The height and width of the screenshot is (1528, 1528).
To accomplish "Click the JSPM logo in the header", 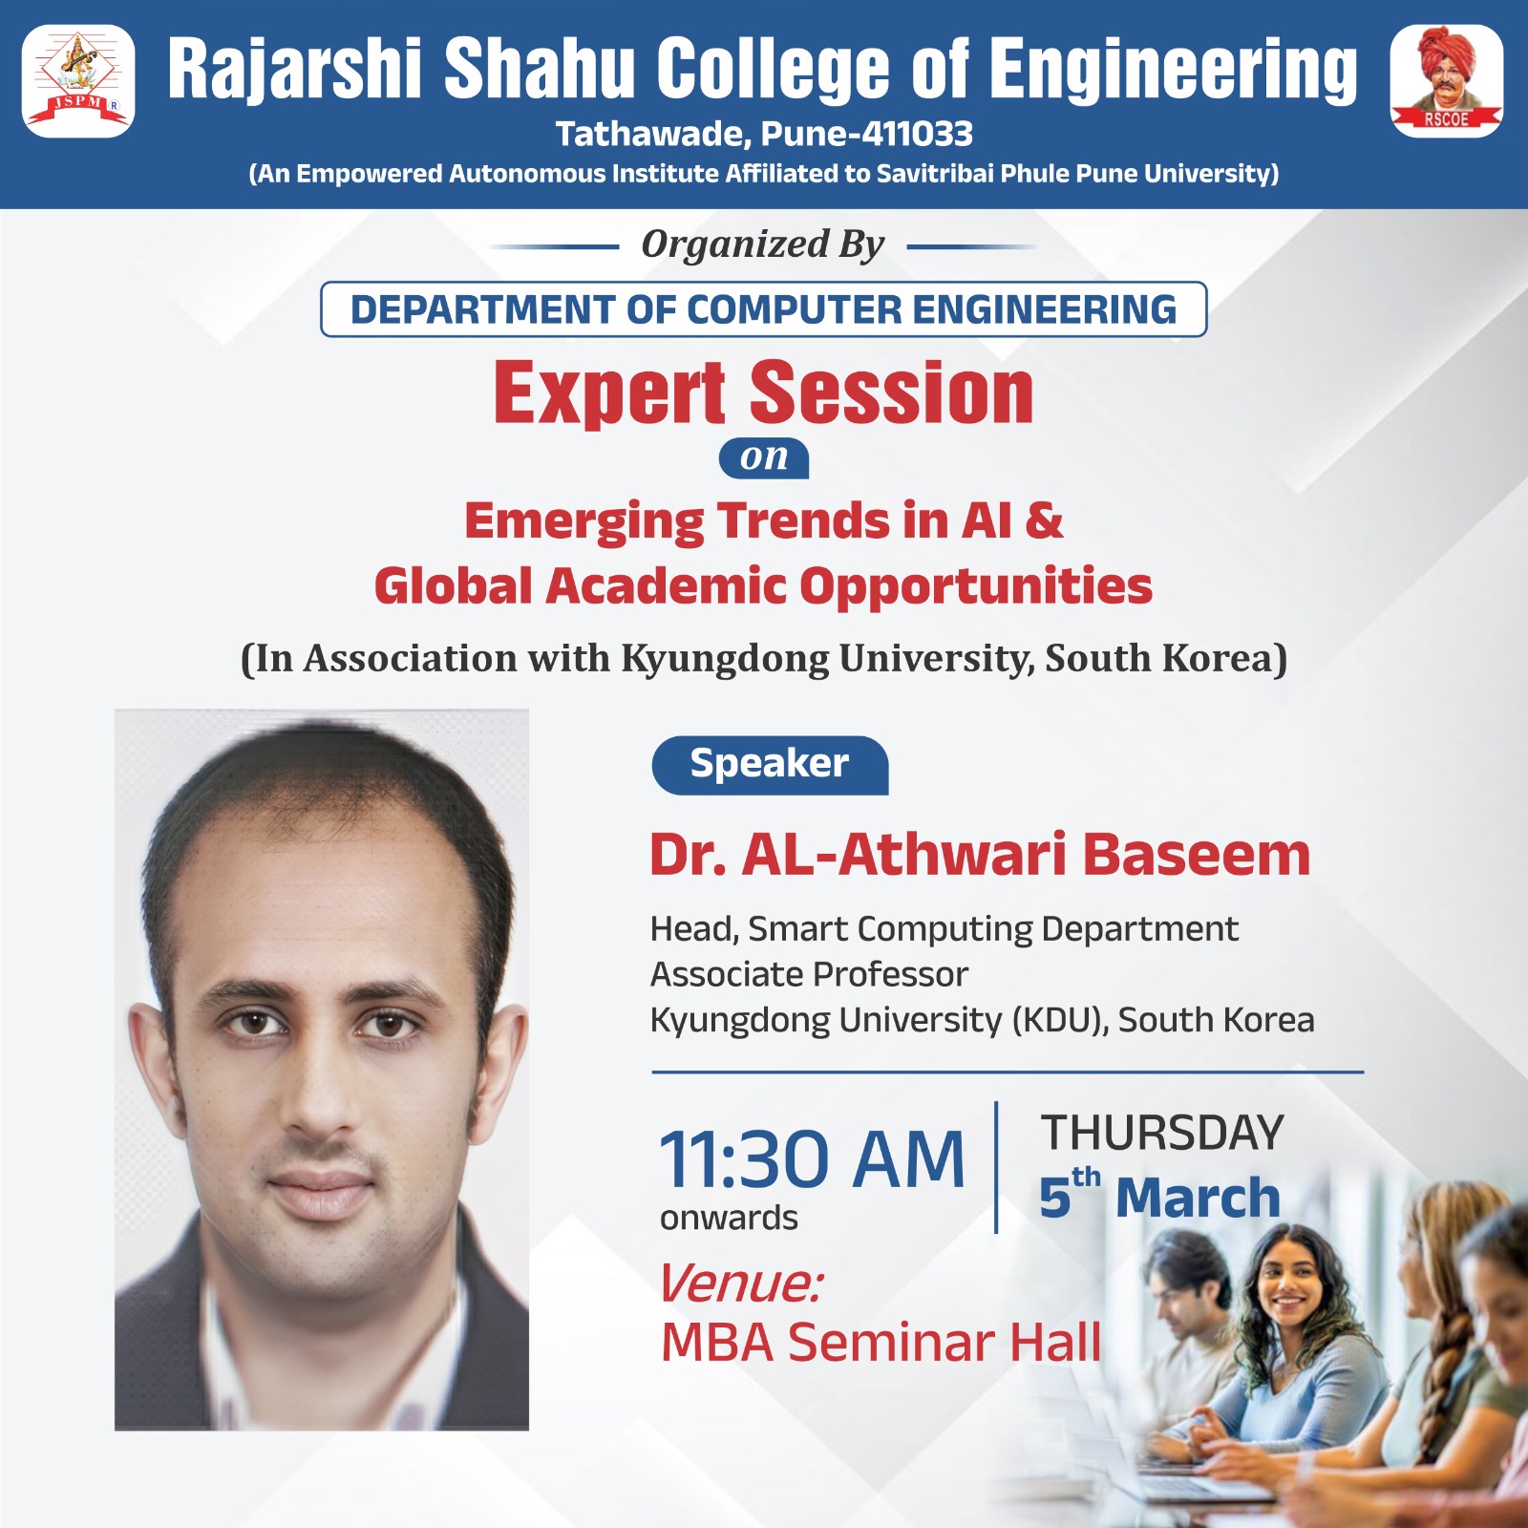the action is point(78,81).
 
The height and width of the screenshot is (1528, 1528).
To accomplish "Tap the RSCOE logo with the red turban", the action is point(1446,81).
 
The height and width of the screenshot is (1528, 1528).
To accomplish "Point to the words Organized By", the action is point(763,244).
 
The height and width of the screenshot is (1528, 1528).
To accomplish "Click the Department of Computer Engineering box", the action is point(764,309).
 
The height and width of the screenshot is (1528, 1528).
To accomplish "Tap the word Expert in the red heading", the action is point(610,393).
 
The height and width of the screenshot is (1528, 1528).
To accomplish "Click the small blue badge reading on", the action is point(764,458).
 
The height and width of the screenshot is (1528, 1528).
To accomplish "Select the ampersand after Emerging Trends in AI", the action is point(1044,520).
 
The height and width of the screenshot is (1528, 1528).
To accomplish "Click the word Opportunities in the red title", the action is point(976,586).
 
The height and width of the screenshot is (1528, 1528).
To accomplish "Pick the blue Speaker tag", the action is point(770,765).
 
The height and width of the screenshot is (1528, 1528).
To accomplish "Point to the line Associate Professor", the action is point(809,974).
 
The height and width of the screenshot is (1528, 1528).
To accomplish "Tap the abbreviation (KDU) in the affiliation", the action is point(1061,1020).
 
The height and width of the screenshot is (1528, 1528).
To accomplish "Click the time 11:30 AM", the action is point(813,1159).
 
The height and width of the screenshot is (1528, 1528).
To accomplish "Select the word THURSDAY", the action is point(1162,1133).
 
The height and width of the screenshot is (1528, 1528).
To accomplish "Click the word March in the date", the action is point(1198,1198).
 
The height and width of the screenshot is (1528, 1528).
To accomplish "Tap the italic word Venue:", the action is point(740,1283).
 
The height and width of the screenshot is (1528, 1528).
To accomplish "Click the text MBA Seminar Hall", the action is point(881,1343).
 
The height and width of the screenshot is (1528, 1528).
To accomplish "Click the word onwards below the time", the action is point(729,1218).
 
